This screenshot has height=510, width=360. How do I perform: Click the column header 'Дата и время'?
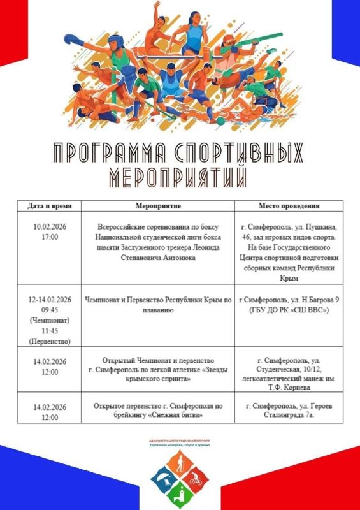tap(50, 207)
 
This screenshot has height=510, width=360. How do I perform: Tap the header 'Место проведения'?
tap(289, 207)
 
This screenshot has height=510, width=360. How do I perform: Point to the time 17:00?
tap(50, 237)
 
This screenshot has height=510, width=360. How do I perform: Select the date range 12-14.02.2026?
tap(50, 299)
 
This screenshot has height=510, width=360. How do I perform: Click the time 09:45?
tap(50, 309)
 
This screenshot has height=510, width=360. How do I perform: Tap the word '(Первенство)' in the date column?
tap(50, 341)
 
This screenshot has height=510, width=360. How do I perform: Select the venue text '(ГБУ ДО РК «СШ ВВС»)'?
tap(289, 310)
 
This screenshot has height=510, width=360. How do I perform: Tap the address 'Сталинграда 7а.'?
tap(289, 416)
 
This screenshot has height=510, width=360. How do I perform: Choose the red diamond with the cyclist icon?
tap(196, 475)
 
